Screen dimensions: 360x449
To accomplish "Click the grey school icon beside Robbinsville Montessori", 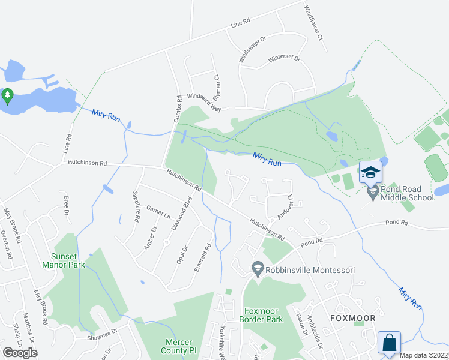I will (258, 270).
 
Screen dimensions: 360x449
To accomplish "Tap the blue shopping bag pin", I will (389, 343).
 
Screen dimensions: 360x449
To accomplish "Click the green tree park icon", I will (7, 96).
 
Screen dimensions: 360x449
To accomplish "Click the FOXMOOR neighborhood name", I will (352, 318).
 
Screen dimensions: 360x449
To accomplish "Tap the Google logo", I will (20, 352).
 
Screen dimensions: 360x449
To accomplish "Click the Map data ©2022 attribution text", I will (424, 355).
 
